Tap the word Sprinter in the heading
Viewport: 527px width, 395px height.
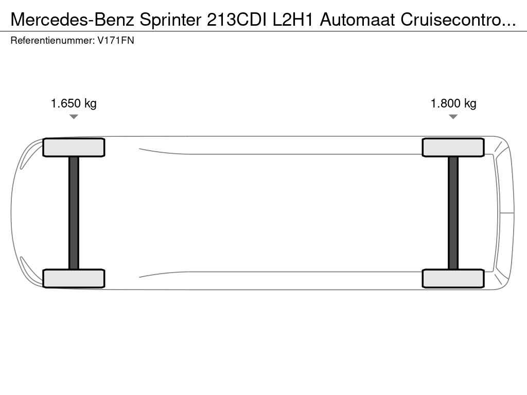point(170,21)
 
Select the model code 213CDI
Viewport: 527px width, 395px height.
point(237,20)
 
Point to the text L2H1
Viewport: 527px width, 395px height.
point(293,20)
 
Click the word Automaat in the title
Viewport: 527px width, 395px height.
point(357,20)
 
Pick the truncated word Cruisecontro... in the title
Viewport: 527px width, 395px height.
point(458,20)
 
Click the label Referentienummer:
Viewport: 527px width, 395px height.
point(53,41)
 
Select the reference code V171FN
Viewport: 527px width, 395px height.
point(116,41)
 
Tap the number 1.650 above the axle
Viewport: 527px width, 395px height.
point(65,103)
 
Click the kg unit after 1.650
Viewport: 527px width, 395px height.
point(90,104)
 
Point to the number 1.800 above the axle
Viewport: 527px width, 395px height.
point(445,103)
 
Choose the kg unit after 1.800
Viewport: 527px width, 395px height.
point(470,104)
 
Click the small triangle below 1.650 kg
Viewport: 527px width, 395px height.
point(74,117)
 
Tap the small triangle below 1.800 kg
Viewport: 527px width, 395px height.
point(453,117)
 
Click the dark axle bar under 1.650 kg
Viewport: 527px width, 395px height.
point(74,213)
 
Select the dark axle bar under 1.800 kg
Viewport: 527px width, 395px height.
point(453,213)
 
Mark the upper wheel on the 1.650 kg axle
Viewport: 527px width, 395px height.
point(74,148)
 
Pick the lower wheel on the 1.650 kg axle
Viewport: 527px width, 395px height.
point(74,278)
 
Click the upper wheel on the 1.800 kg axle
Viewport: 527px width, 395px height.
point(453,148)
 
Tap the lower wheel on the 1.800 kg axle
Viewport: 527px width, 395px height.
point(453,278)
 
